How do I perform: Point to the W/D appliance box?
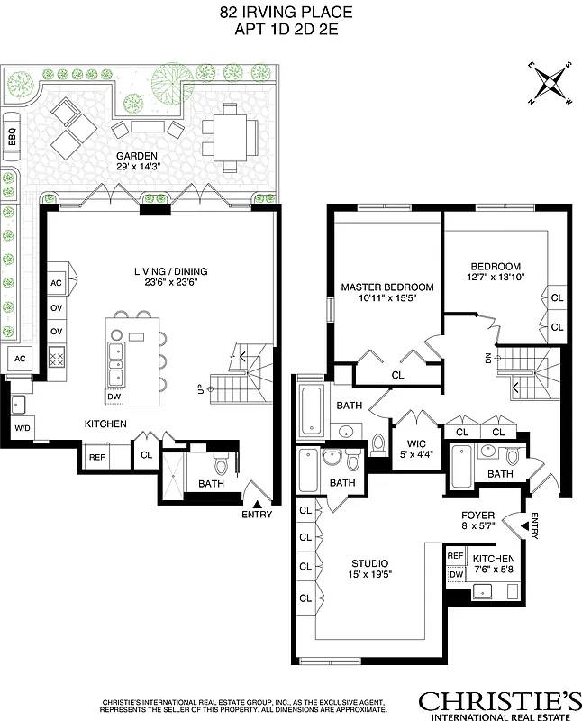point(21,427)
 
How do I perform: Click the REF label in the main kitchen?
point(96,457)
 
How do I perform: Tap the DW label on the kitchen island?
point(114,396)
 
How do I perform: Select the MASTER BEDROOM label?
point(386,287)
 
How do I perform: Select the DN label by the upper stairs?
point(488,358)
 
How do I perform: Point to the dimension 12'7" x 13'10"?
point(496,278)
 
